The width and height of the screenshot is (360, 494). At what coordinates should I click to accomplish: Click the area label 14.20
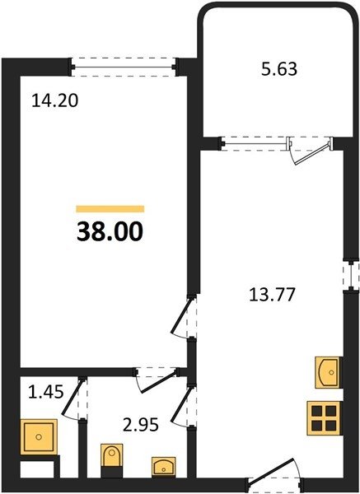pyautogui.click(x=55, y=101)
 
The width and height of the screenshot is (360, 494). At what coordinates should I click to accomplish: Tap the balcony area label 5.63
pyautogui.click(x=279, y=69)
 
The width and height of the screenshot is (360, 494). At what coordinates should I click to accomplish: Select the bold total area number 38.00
pyautogui.click(x=110, y=232)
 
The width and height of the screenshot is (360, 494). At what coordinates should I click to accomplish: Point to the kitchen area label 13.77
pyautogui.click(x=272, y=296)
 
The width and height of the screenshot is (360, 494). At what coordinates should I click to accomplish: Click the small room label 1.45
pyautogui.click(x=46, y=392)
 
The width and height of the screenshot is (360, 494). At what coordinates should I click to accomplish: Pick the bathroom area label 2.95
pyautogui.click(x=141, y=426)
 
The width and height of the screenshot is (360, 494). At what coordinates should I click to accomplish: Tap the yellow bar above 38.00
pyautogui.click(x=110, y=209)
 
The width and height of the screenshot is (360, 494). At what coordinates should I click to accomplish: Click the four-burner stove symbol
pyautogui.click(x=324, y=418)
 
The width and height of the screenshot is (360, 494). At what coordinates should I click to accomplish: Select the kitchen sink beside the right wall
pyautogui.click(x=329, y=372)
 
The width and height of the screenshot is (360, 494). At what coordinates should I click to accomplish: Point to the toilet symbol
pyautogui.click(x=112, y=460)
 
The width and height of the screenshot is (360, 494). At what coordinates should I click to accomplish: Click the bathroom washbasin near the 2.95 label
pyautogui.click(x=164, y=467)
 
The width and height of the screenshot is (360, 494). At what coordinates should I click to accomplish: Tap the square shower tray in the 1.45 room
pyautogui.click(x=39, y=437)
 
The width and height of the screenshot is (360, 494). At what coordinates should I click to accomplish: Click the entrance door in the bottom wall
pyautogui.click(x=275, y=475)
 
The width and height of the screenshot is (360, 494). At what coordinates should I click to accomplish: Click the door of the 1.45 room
pyautogui.click(x=74, y=398)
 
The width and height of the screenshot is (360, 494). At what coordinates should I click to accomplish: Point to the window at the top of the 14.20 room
pyautogui.click(x=124, y=68)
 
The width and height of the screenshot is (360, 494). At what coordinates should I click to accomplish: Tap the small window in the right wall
pyautogui.click(x=352, y=274)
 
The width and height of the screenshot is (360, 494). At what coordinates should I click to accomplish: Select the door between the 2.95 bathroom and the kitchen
pyautogui.click(x=184, y=406)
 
